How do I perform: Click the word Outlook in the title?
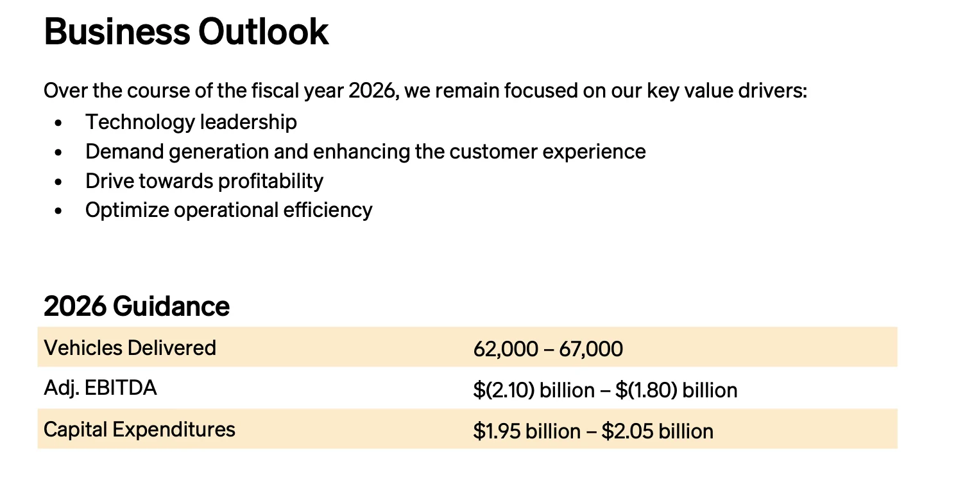pyautogui.click(x=263, y=31)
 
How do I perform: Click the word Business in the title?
pyautogui.click(x=117, y=31)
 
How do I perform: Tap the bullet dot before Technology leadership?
pyautogui.click(x=58, y=123)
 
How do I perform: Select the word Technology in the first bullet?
pyautogui.click(x=140, y=123)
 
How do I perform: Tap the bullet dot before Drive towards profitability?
pyautogui.click(x=58, y=182)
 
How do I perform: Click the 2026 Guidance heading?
pyautogui.click(x=137, y=306)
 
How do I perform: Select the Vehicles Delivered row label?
pyautogui.click(x=130, y=347)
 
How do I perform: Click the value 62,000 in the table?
pyautogui.click(x=506, y=349)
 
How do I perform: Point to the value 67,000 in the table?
pyautogui.click(x=591, y=349)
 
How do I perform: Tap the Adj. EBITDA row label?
pyautogui.click(x=100, y=388)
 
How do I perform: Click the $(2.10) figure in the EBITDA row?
pyautogui.click(x=504, y=390)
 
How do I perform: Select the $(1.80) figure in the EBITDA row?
pyautogui.click(x=647, y=390)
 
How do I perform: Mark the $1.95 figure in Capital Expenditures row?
pyautogui.click(x=497, y=431)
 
